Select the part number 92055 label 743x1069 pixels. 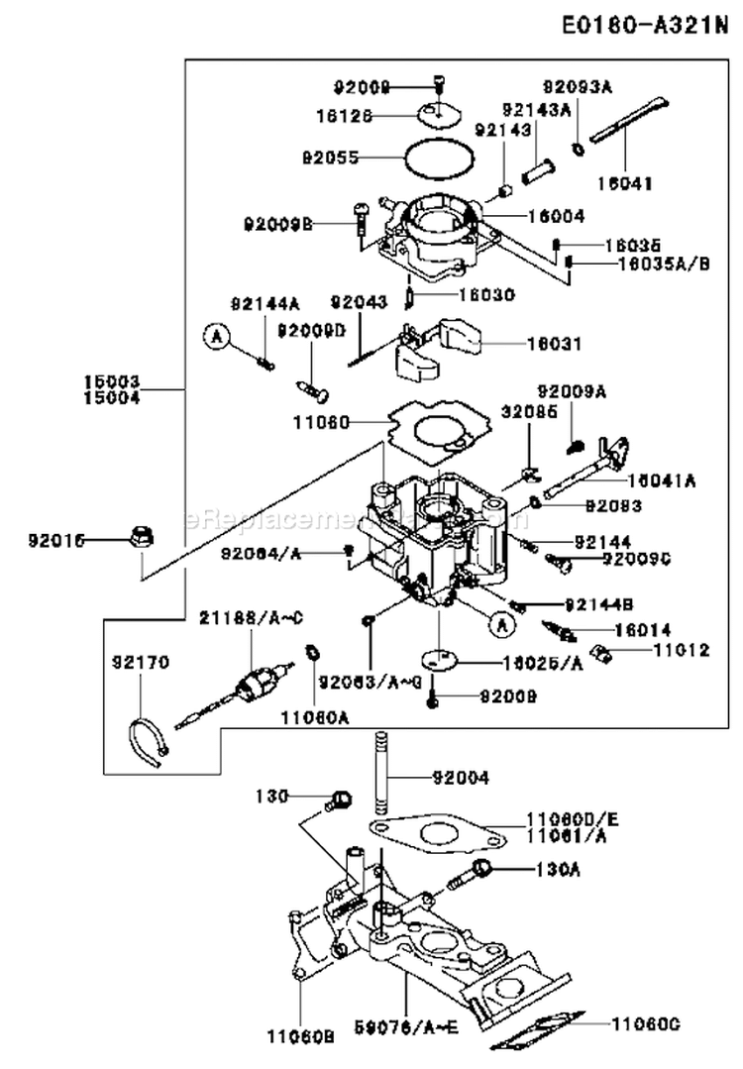330,158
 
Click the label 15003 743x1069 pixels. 112,380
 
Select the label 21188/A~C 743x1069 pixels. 251,619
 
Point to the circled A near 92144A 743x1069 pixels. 217,337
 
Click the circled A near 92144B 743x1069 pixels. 501,624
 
